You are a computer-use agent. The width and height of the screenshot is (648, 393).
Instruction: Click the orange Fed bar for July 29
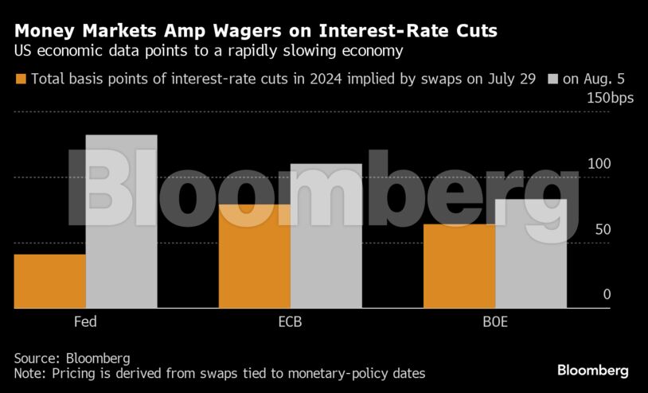49,281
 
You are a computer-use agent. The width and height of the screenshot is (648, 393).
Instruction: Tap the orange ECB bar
255,256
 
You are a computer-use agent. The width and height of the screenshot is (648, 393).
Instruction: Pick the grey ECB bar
326,235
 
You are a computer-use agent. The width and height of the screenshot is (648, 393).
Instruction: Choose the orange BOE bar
459,266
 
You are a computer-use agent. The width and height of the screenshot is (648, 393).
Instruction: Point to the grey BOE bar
531,253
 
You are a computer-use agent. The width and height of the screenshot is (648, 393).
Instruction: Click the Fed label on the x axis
85,323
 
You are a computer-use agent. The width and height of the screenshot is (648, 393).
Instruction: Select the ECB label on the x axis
290,323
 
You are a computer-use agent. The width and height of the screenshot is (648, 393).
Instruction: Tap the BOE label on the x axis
494,323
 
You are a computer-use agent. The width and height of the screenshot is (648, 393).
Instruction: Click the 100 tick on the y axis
599,164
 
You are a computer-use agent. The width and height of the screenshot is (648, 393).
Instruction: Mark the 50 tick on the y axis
602,229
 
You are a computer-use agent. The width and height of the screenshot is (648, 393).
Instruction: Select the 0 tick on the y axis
606,294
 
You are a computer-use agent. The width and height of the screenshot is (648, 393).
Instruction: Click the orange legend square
21,79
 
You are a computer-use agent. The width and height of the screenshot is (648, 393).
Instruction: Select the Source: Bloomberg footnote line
72,357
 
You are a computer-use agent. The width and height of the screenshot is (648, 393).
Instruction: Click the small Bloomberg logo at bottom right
592,371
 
